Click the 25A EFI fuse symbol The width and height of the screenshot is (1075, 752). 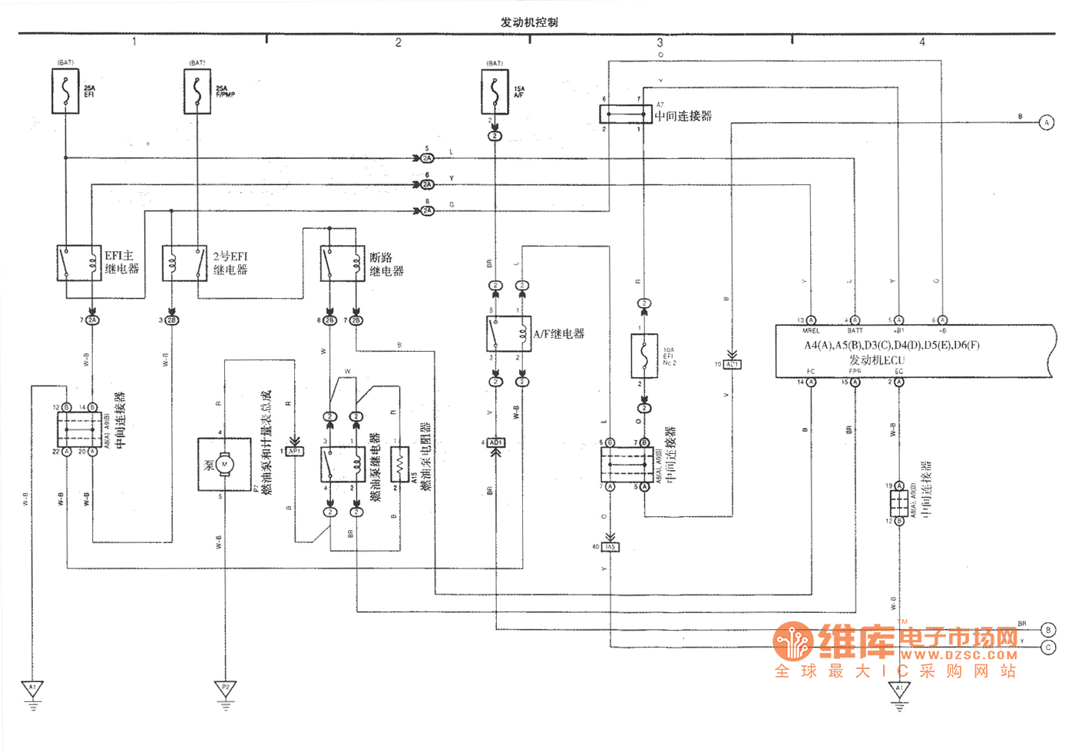coord(65,91)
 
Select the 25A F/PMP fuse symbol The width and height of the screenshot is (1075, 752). coord(197,91)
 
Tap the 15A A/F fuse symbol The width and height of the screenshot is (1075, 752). coord(495,91)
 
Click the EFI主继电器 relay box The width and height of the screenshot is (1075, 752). coord(79,263)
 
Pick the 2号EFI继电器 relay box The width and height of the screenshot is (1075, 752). coord(184,263)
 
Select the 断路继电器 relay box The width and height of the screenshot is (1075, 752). coord(342,263)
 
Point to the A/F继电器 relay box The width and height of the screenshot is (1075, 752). coord(508,334)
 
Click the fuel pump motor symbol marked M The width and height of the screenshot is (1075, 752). coord(224,464)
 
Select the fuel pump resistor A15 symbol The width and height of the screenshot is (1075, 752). coord(399,464)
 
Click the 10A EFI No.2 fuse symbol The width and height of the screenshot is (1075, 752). coord(643,355)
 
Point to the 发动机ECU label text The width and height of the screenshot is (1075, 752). coord(876,359)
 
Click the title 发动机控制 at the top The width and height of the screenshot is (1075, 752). coord(529,22)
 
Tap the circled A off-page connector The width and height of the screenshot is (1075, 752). coord(1046,122)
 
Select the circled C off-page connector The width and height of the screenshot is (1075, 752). coord(1048,648)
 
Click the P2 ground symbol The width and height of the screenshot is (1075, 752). coord(225,688)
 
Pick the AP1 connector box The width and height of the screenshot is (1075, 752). coord(295,451)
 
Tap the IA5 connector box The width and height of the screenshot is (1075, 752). coord(610,547)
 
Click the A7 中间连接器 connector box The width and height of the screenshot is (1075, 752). coord(625,114)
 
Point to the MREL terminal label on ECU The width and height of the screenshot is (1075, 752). coord(811,330)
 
